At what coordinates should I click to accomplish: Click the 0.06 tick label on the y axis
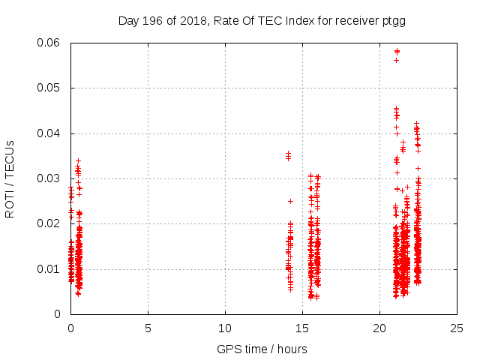coord(50,43)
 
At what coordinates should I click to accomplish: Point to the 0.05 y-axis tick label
coord(50,88)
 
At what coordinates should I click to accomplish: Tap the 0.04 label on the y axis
coord(50,133)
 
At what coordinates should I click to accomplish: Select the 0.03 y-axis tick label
coord(50,178)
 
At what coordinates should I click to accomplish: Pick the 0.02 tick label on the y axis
coord(50,223)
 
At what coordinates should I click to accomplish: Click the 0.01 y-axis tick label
coord(50,268)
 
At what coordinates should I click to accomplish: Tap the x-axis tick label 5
coord(148,328)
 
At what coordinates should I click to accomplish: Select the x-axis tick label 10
coord(225,328)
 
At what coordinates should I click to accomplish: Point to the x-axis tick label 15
coord(302,328)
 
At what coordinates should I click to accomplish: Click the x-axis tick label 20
coord(379,328)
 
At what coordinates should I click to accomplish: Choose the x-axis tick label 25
coord(457,328)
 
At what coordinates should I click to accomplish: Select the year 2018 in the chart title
coord(191,20)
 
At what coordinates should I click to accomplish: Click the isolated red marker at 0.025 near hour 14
coord(290,201)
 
